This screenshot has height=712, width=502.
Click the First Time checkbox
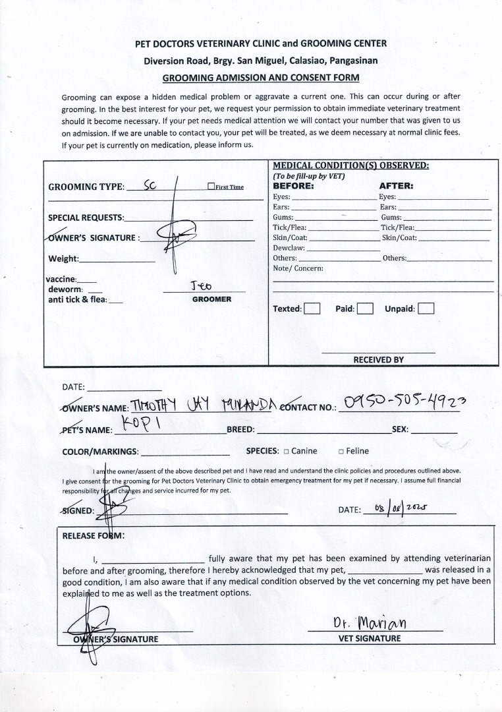click(211, 187)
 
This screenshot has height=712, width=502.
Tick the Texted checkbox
click(312, 309)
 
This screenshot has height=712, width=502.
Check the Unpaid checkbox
click(426, 309)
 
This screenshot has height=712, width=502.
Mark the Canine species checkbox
click(287, 452)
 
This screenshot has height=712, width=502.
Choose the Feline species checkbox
click(341, 452)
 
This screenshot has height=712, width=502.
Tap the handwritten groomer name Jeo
click(202, 285)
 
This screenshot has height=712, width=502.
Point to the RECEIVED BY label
click(378, 360)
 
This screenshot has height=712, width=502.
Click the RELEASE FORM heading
click(93, 535)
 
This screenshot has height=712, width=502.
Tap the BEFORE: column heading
click(293, 186)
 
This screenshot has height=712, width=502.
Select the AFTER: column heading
click(396, 186)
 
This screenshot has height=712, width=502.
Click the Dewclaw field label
click(289, 248)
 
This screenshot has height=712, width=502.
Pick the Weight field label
click(63, 258)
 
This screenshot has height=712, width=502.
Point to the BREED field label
click(240, 429)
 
